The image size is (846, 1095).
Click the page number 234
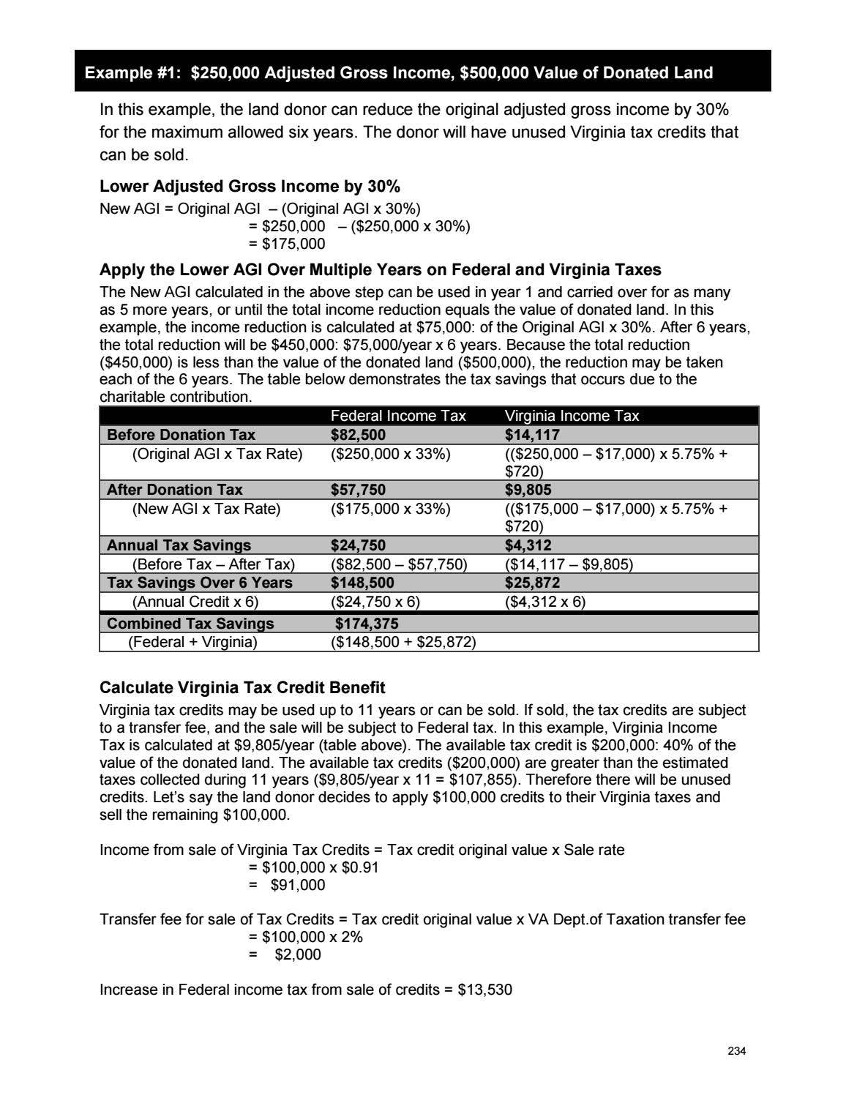click(736, 1051)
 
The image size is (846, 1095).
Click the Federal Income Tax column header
click(398, 416)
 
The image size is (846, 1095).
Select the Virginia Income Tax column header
click(572, 416)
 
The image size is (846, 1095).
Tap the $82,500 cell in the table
click(358, 435)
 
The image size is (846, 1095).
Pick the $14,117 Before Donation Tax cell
click(532, 435)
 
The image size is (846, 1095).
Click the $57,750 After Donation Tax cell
click(358, 490)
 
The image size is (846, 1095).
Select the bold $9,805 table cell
click(528, 490)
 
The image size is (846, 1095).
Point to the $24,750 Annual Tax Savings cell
click(358, 545)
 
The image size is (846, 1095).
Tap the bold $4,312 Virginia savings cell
click(528, 545)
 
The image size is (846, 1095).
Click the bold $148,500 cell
click(362, 583)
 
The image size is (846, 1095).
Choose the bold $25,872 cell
click(532, 583)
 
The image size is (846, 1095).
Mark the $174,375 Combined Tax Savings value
click(367, 624)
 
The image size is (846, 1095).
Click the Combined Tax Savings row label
click(190, 624)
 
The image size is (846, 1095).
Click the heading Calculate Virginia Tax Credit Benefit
click(242, 688)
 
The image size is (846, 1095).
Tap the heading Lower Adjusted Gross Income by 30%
click(250, 186)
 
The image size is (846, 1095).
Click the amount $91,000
click(297, 885)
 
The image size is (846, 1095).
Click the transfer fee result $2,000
click(297, 954)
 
